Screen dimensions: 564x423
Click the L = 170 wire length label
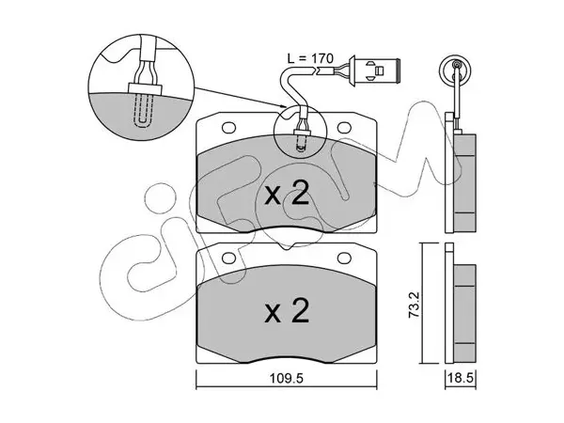tap(311, 58)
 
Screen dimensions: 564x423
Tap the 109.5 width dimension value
tap(287, 378)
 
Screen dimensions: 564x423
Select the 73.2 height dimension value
tap(414, 304)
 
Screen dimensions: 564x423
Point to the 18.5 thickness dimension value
tap(462, 379)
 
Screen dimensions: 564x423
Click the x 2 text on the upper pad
tap(287, 193)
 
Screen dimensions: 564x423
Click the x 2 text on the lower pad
tap(287, 310)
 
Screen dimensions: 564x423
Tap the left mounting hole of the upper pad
tap(228, 128)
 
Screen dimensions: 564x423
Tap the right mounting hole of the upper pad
tap(344, 128)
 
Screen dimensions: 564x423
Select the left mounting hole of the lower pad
tap(228, 258)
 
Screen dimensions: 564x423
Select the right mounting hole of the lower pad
tap(344, 258)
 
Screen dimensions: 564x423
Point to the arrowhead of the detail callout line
tap(284, 105)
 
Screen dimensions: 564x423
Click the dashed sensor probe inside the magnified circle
tap(143, 110)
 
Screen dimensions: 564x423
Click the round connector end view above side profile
tap(457, 70)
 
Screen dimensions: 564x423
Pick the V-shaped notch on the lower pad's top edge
tap(287, 246)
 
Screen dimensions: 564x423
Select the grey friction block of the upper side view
tap(465, 183)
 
